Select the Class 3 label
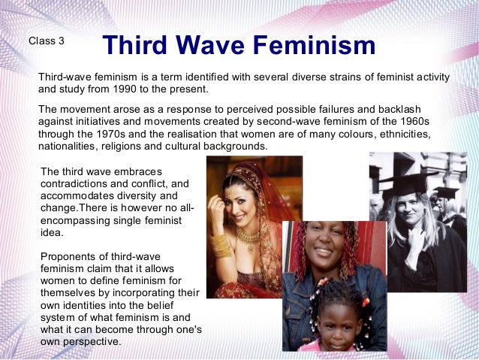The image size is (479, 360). pos(46,41)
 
